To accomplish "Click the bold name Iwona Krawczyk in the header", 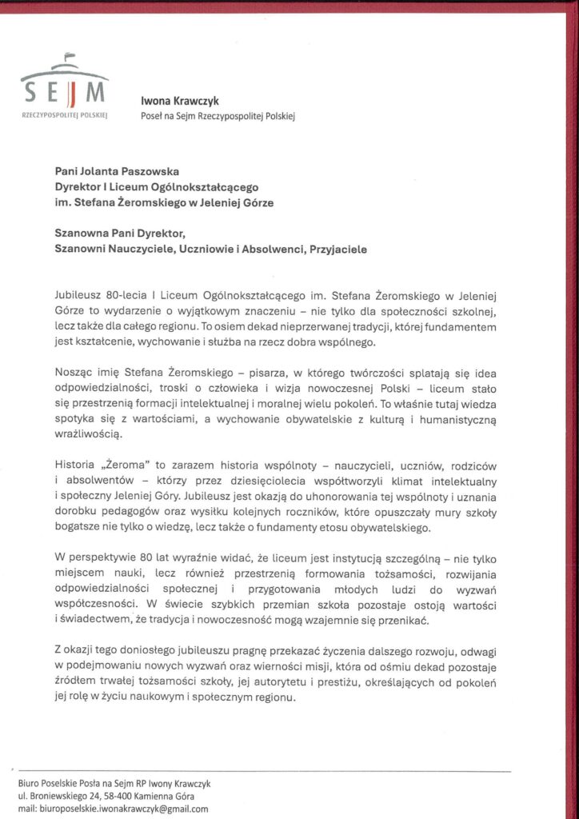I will tap(180, 102).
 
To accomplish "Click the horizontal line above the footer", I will tap(264, 771).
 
